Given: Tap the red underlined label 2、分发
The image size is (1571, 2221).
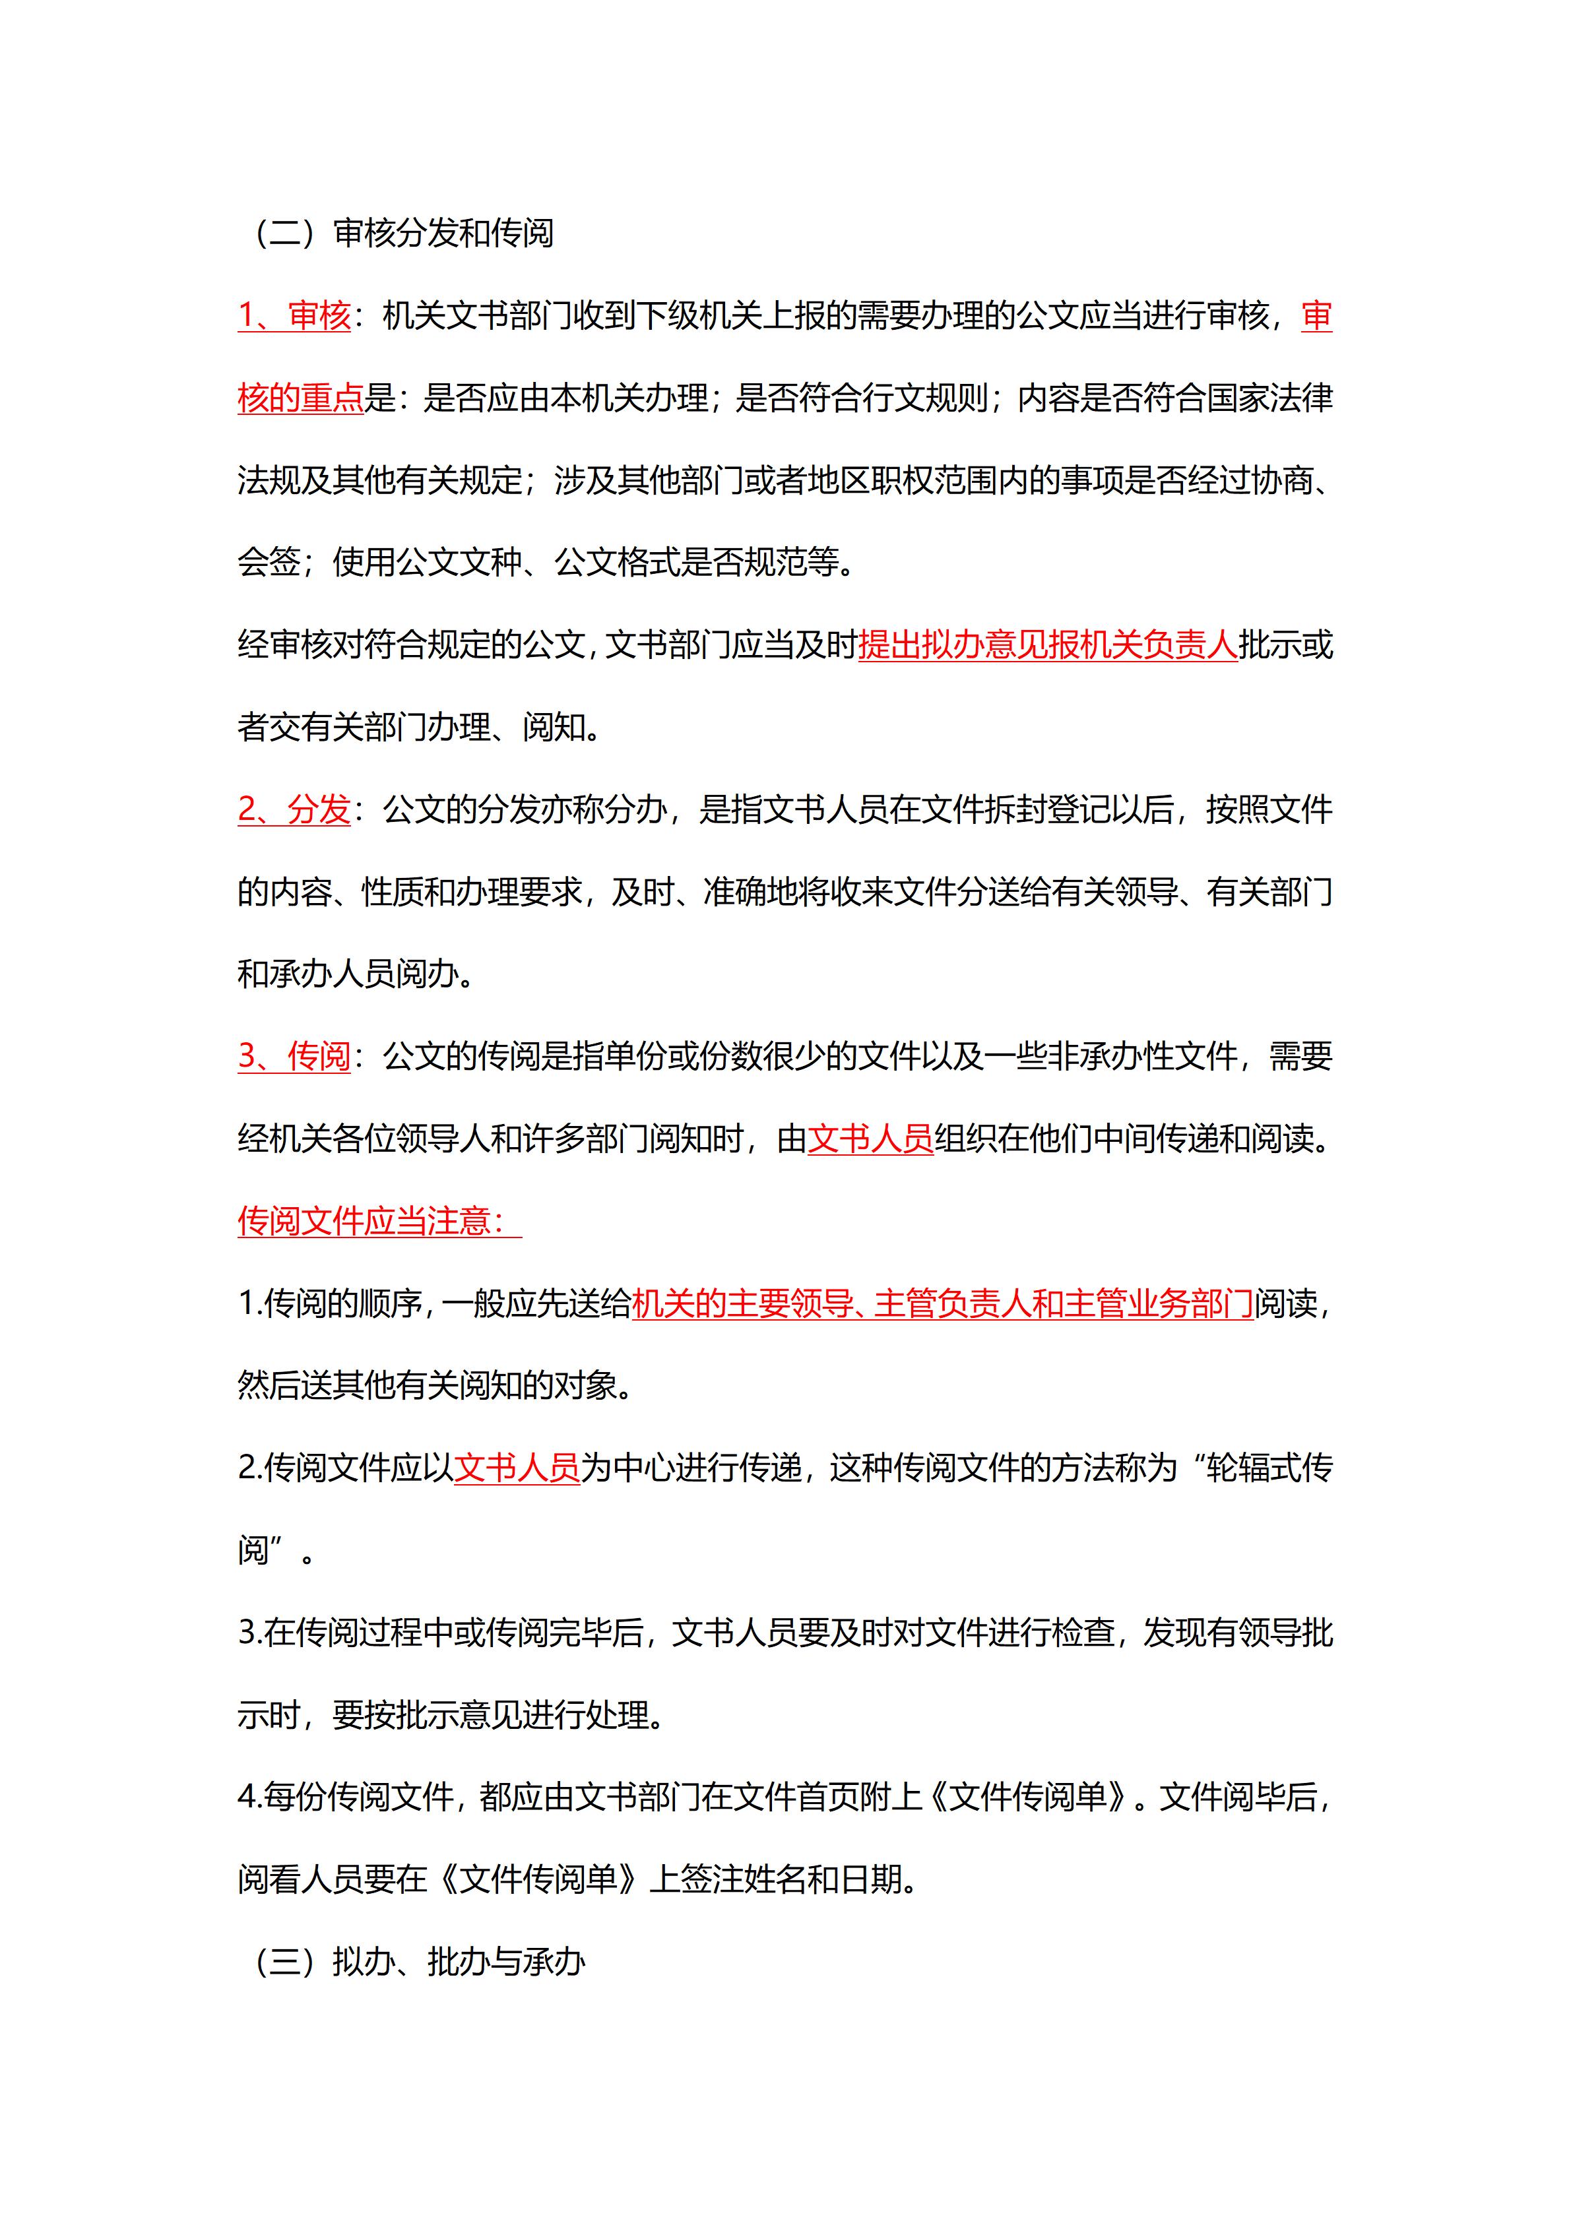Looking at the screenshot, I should tap(294, 809).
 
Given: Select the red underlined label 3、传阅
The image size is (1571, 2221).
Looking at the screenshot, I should tap(294, 1056).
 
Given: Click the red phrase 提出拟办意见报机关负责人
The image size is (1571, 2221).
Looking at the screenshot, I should tap(1048, 645).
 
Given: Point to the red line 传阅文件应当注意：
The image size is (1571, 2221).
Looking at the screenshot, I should tap(379, 1221).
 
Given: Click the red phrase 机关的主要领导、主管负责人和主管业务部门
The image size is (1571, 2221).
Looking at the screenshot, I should tap(942, 1304).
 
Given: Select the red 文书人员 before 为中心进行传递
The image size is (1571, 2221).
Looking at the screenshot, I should tap(517, 1468).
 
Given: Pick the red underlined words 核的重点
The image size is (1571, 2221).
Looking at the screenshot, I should tap(300, 398).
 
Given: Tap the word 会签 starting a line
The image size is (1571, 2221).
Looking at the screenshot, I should tap(268, 562).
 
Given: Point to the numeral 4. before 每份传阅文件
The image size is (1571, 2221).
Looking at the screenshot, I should tap(249, 1798).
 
